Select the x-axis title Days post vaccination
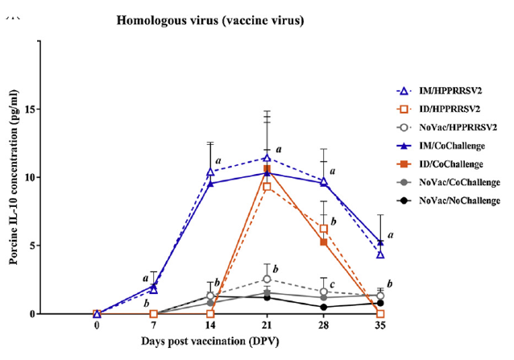[x=210, y=341]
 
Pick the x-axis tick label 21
[x=267, y=328]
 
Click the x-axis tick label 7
[x=154, y=328]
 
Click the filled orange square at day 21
[x=267, y=169]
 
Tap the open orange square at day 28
[x=324, y=229]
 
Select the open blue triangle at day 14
[x=210, y=172]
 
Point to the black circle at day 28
[x=324, y=307]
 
